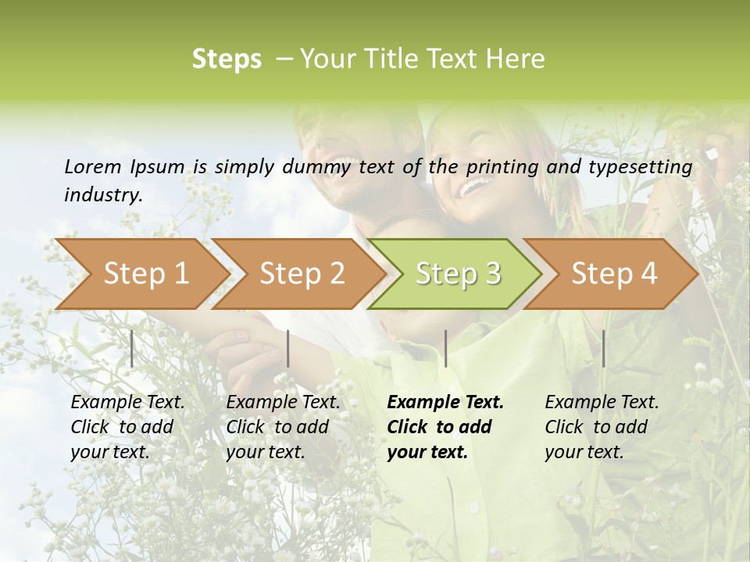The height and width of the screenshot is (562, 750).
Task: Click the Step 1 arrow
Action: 145,274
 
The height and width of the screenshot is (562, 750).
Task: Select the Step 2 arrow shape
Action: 302,274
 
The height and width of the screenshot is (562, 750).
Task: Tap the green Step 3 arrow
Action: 458,274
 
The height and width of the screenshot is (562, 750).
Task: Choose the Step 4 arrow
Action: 614,274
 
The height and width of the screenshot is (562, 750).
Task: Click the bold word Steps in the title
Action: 227,59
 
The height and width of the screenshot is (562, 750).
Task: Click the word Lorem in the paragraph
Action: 92,166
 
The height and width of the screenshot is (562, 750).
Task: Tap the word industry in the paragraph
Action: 103,195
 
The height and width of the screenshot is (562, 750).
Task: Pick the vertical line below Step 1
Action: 131,348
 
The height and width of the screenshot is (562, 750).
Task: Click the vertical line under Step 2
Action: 288,348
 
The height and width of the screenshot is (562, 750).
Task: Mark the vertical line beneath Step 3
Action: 445,348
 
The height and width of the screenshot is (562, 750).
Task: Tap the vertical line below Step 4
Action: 603,348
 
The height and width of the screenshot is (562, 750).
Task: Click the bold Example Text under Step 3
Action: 445,402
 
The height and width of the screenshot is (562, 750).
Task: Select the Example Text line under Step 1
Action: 127,402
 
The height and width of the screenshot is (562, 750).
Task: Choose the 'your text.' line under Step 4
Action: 584,452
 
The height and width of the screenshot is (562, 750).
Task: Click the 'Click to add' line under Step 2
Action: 277,427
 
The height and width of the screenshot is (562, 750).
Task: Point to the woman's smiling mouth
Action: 474,187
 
